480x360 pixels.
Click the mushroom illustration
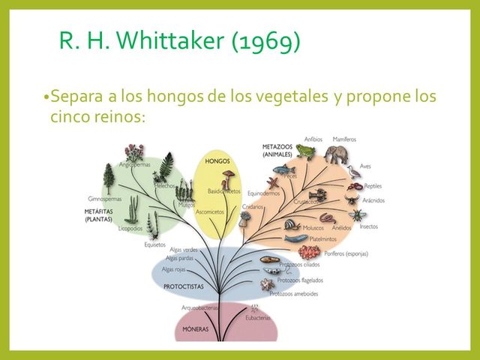228,177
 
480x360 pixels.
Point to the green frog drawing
304,151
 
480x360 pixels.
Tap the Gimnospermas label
105,199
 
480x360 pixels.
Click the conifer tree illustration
109,178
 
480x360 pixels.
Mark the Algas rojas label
173,268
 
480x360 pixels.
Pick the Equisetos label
154,244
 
